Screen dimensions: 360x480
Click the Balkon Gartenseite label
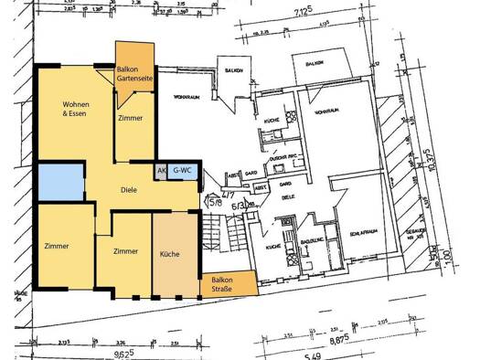[135, 75]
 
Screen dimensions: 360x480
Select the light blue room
[60, 182]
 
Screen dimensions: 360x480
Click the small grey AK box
[161, 171]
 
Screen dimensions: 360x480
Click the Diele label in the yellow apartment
[128, 191]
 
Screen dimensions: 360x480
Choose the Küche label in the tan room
[170, 254]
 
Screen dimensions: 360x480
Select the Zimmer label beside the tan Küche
[125, 250]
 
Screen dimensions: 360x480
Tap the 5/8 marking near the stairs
[214, 202]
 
